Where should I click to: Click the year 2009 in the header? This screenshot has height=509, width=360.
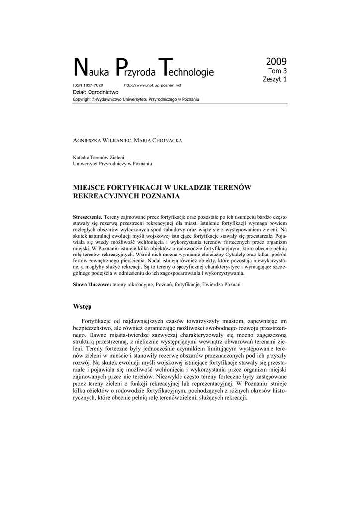[276, 62]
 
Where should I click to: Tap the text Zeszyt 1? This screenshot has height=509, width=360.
[274, 79]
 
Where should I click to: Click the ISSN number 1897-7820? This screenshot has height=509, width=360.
[91, 85]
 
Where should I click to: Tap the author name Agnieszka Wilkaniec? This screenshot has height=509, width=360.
[101, 141]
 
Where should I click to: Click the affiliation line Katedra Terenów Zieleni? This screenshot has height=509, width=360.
[100, 157]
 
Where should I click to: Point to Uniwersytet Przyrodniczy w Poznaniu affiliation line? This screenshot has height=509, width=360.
[112, 164]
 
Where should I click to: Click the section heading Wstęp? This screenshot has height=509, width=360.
[83, 306]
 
